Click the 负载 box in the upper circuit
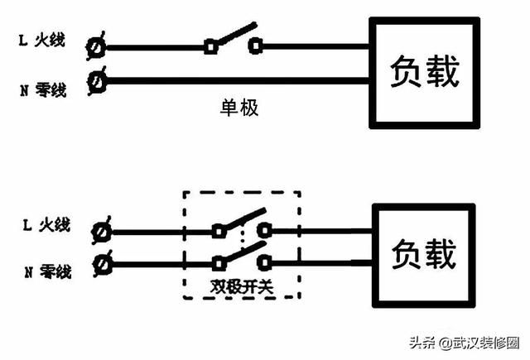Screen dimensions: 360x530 pos(423,73)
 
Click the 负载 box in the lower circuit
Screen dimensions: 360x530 pos(422,253)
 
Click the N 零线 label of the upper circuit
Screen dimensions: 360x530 pos(49,85)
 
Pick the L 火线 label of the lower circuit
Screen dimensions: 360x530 pos(49,224)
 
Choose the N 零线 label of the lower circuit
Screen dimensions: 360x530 pos(49,271)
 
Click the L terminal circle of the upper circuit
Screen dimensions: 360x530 pos(97,46)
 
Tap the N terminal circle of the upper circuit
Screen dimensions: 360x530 pos(98,81)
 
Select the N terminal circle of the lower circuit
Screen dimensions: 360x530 pos(104,264)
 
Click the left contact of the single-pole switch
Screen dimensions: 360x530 pos(210,46)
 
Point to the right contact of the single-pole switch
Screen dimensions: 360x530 pos(257,46)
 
